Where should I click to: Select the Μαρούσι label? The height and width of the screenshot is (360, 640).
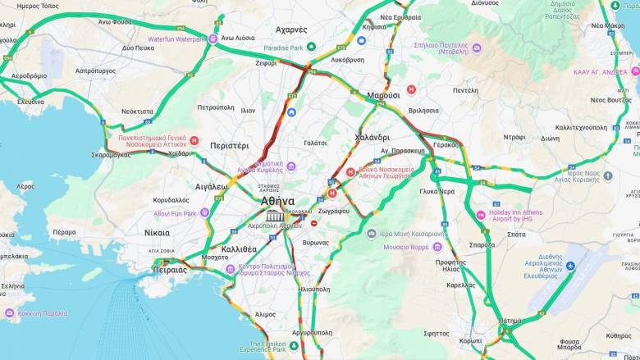coord(383,95)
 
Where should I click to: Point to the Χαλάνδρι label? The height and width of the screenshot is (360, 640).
coord(372,137)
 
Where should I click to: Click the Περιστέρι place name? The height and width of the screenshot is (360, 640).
coord(230,145)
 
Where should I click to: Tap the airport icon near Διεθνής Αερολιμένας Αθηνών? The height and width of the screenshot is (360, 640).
coord(570,266)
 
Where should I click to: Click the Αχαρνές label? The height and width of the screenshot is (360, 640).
coord(291,30)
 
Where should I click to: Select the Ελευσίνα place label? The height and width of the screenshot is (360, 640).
coord(31,102)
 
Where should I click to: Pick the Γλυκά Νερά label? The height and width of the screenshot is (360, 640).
coord(437,191)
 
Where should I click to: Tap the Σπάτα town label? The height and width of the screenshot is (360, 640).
coord(516,235)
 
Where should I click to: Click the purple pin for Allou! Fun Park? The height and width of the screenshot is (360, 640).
coord(204,213)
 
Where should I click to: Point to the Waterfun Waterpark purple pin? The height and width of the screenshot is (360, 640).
coord(213,39)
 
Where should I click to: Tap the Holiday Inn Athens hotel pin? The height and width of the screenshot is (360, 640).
coord(480,216)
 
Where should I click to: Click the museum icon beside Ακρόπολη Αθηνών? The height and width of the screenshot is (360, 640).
coord(271,216)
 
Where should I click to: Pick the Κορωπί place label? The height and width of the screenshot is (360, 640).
coord(471,339)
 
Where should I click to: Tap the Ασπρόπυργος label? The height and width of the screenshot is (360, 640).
coord(95,71)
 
